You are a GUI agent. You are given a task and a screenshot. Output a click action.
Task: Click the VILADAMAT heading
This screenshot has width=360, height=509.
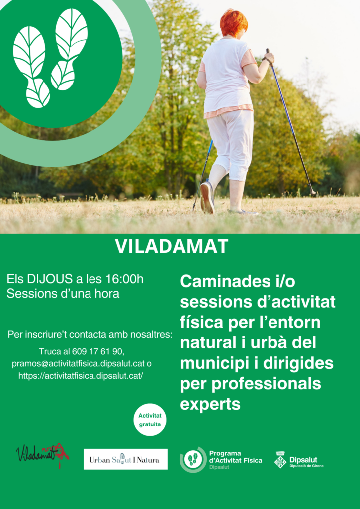[172, 247]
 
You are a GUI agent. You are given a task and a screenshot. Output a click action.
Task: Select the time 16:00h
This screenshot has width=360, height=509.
[124, 279]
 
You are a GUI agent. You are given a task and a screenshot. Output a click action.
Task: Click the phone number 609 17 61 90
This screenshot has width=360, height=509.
[97, 351]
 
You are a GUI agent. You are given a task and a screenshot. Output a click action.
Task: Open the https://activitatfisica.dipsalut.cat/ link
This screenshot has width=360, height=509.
[81, 376]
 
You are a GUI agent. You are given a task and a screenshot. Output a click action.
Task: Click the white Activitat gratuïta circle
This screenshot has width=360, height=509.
[150, 420]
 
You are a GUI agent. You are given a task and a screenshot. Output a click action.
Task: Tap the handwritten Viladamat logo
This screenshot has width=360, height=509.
[43, 454]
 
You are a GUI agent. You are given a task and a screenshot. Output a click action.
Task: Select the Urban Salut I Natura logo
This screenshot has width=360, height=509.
[125, 459]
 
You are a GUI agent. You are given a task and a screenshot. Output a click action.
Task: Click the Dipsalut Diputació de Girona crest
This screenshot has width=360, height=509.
[280, 460]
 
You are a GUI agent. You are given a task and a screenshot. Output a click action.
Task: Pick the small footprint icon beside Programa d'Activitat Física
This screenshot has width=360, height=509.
[193, 460]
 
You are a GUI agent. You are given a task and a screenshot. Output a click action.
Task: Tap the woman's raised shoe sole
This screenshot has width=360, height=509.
[207, 197]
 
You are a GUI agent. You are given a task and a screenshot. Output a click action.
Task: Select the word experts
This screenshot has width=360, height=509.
[210, 404]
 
